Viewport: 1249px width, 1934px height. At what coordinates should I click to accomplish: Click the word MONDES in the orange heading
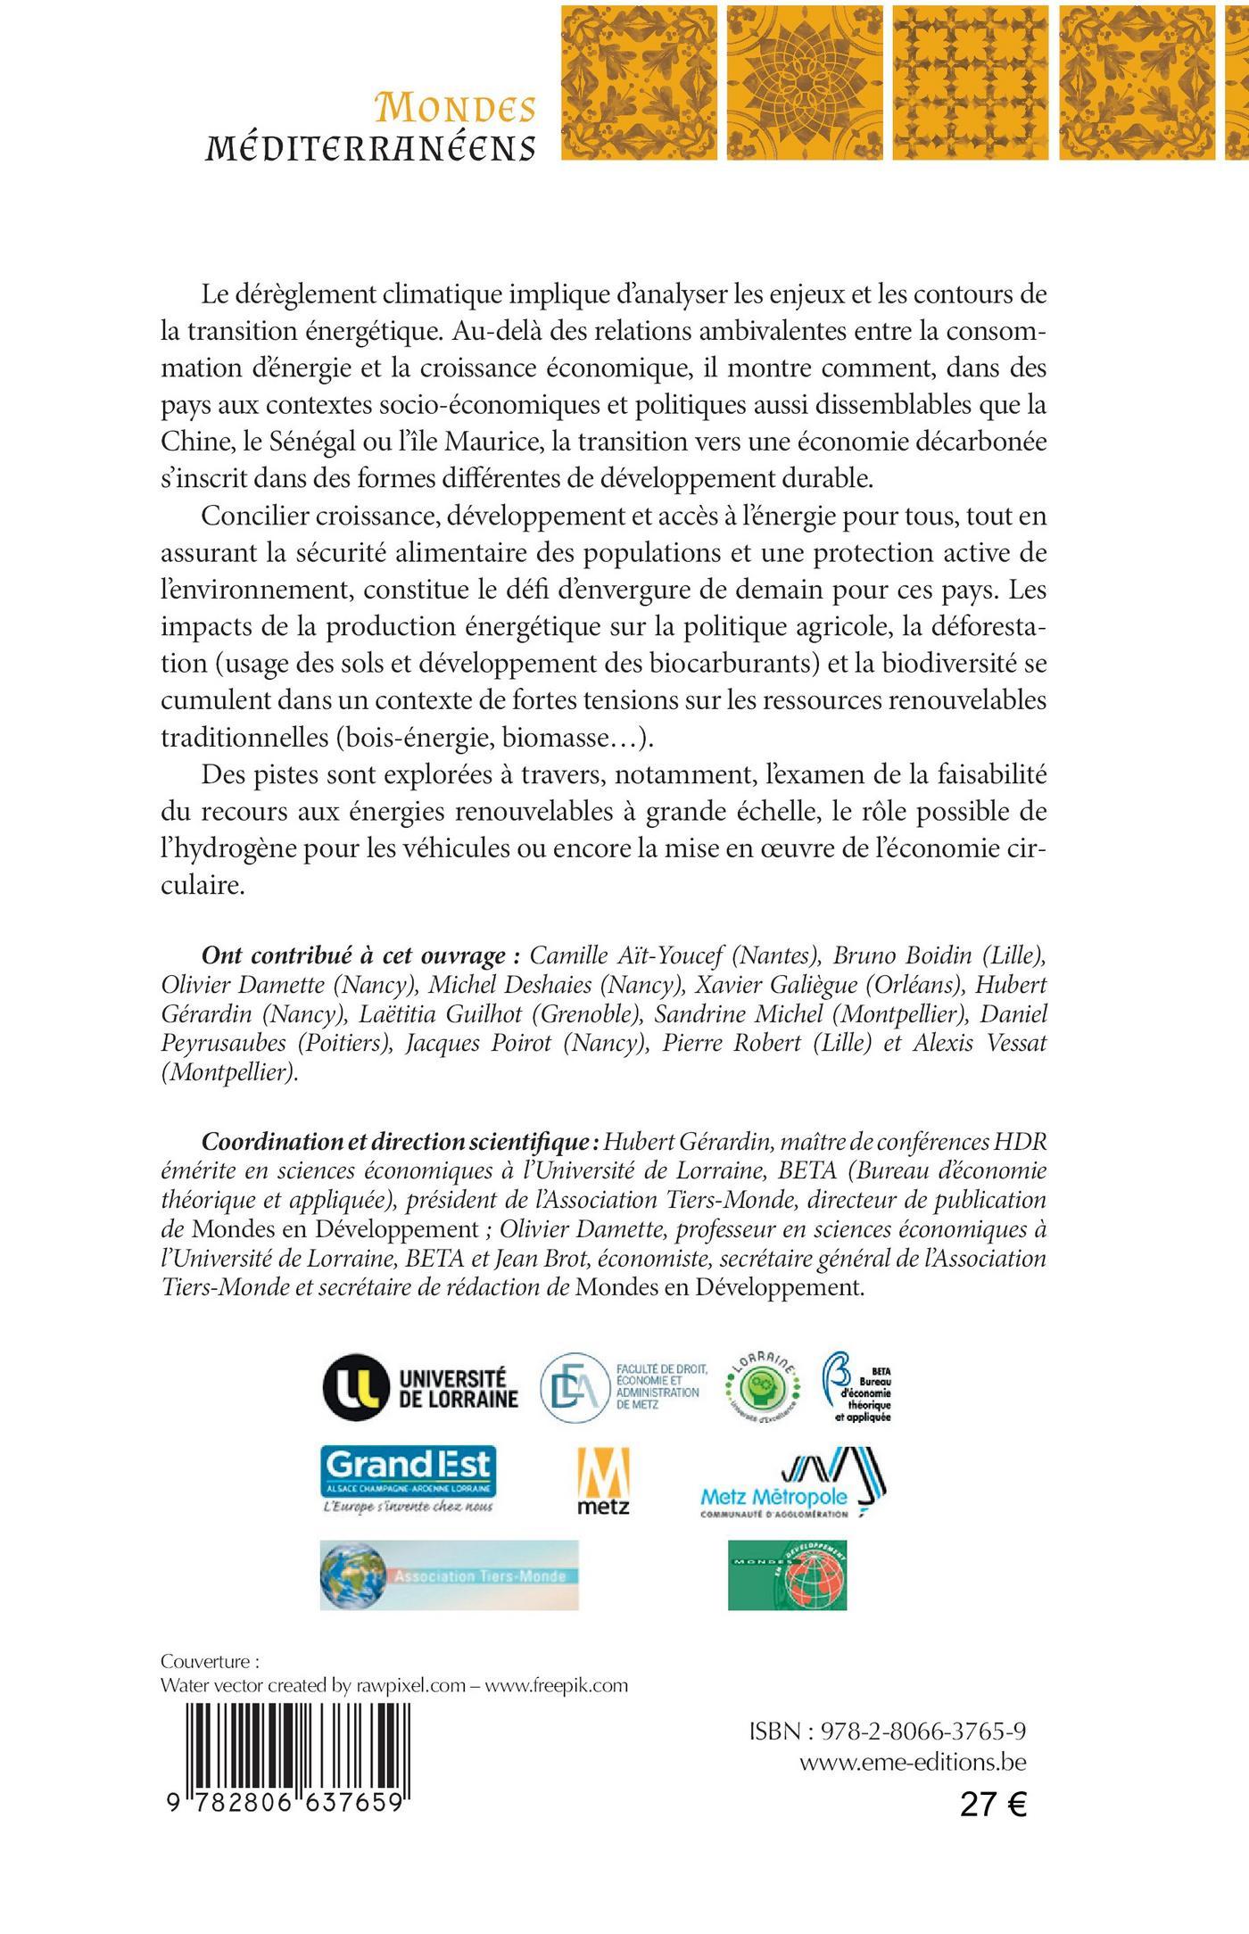tap(456, 108)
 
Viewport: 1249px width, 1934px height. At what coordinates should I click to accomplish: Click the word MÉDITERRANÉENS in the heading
tap(370, 147)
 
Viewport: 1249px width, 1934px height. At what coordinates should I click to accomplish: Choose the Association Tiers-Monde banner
tap(449, 1574)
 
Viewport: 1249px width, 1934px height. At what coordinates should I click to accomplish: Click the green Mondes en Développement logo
tap(787, 1574)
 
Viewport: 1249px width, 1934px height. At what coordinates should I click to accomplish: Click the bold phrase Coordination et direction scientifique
tap(399, 1142)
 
